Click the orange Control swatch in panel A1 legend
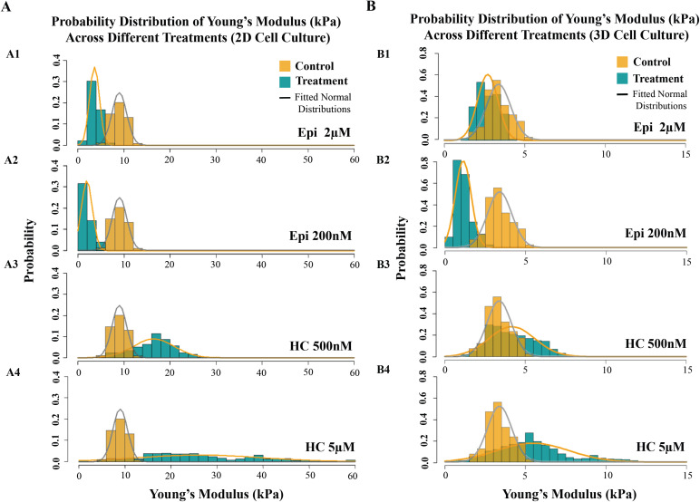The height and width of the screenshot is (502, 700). coord(285,66)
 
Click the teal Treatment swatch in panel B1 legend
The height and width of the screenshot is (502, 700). coord(622,79)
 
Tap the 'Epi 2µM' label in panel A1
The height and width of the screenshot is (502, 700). coord(324,132)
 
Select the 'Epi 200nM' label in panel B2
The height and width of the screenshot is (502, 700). coord(656,233)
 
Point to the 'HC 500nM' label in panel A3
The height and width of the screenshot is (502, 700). coord(321,346)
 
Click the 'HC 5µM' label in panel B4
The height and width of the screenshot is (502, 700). coord(660,447)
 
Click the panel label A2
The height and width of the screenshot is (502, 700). coord(11,160)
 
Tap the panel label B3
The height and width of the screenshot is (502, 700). coord(384,265)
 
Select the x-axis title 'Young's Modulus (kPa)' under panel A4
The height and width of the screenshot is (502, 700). coord(217,494)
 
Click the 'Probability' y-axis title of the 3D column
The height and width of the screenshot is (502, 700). coord(402,248)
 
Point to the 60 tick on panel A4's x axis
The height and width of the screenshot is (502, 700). coord(353,476)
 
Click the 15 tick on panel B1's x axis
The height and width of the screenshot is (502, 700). coord(686,154)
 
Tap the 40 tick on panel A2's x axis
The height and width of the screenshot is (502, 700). coord(261,265)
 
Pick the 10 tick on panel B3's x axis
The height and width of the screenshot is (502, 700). coord(607,370)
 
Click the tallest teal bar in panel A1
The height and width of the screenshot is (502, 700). coord(92,113)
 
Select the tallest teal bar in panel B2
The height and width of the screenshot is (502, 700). coord(457,204)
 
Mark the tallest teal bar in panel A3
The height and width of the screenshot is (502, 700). coord(156,345)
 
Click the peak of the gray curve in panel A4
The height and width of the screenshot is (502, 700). coord(120,410)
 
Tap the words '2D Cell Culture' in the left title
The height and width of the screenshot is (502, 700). coord(281,37)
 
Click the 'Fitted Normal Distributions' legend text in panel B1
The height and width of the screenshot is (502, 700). coord(659,100)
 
